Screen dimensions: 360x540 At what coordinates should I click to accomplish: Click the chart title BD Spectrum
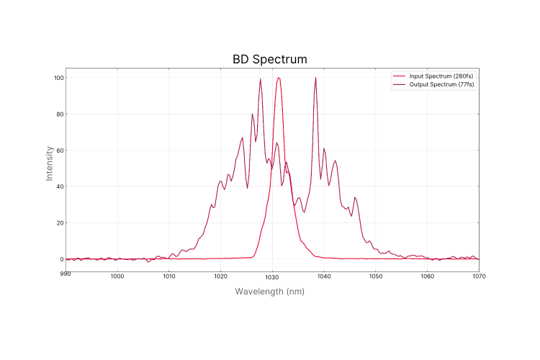(x=270, y=59)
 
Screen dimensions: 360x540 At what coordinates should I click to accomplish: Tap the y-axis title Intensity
(x=49, y=163)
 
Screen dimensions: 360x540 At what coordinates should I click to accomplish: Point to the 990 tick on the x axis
(x=66, y=276)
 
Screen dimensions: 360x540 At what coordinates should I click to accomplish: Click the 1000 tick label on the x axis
(x=117, y=276)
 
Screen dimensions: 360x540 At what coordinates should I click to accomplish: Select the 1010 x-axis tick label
(x=168, y=276)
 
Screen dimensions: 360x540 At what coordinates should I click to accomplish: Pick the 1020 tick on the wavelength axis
(x=220, y=276)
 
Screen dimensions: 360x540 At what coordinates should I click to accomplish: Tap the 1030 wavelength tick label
(x=272, y=276)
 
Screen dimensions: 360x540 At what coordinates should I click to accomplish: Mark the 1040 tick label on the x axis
(x=324, y=276)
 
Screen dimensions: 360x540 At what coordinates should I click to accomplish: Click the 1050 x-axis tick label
(x=375, y=276)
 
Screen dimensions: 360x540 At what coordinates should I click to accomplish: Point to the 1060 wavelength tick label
(x=427, y=276)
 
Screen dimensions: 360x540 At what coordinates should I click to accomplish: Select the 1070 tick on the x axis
(x=479, y=276)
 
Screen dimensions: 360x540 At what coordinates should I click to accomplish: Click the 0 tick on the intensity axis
(x=61, y=259)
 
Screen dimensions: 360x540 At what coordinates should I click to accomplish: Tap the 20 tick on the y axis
(x=59, y=222)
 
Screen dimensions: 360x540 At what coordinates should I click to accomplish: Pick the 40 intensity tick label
(x=59, y=186)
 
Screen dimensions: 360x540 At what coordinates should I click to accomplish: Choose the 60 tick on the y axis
(x=59, y=150)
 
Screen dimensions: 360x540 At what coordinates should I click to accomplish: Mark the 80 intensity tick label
(x=59, y=114)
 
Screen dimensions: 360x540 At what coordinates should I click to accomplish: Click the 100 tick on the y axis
(x=58, y=78)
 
